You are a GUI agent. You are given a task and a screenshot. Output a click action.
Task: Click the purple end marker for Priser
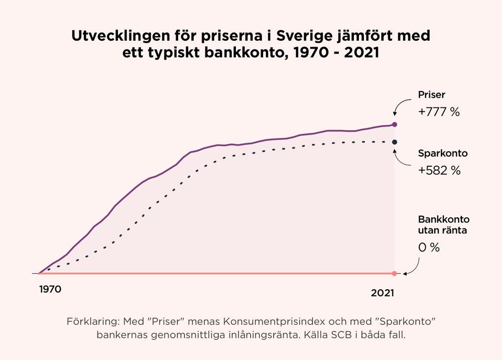(395, 125)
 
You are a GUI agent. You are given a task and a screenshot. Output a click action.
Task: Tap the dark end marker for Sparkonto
(395, 142)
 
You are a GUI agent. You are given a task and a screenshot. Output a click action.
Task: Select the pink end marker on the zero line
(394, 274)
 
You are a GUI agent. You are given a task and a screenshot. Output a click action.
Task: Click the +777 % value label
(439, 112)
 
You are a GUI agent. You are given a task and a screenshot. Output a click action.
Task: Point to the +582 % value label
(439, 171)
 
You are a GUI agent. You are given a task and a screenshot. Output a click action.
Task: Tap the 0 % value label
(429, 248)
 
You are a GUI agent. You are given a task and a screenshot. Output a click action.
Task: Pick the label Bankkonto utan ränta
(444, 225)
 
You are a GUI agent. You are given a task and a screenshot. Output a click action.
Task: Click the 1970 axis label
(50, 290)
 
